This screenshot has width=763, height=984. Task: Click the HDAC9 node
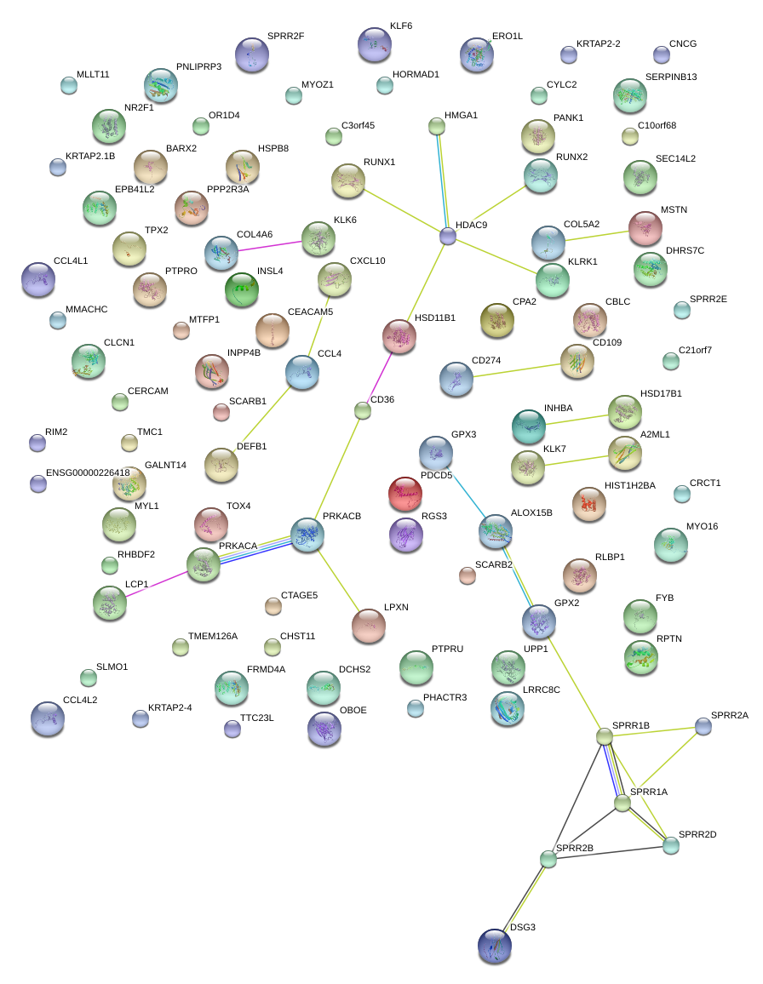tap(448, 236)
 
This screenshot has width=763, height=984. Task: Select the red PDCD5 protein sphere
tap(404, 493)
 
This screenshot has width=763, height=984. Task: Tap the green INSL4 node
tap(241, 289)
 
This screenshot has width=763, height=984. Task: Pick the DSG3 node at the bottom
tap(495, 946)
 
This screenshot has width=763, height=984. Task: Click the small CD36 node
tap(363, 411)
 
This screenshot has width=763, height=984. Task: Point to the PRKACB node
tap(307, 535)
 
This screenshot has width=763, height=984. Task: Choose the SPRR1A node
tap(622, 802)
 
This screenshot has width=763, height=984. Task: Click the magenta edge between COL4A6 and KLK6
tap(270, 245)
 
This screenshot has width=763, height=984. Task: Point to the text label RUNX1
tap(379, 162)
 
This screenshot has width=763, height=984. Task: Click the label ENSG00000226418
tap(88, 472)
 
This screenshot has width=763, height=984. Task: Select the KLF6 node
tap(374, 44)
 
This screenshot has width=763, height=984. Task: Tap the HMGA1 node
tap(437, 127)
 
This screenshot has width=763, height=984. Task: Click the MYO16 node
tap(670, 545)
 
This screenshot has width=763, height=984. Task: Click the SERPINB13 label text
tap(671, 77)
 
